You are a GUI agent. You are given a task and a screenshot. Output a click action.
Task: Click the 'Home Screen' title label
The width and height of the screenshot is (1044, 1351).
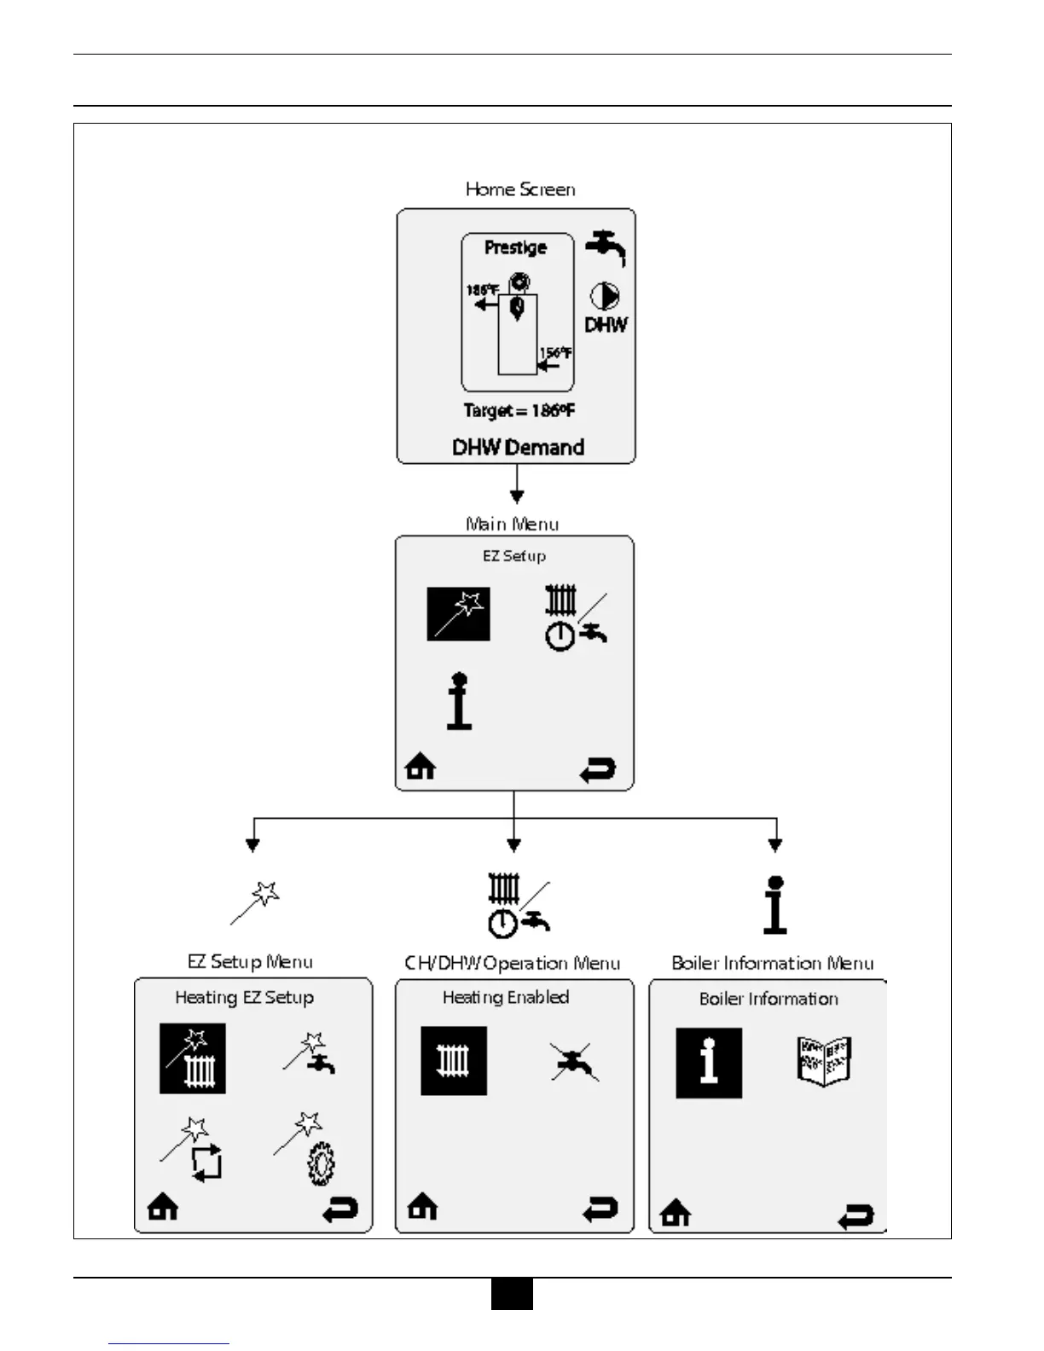coord(520,189)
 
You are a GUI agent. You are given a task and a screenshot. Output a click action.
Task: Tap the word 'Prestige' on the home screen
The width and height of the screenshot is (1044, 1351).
coord(515,247)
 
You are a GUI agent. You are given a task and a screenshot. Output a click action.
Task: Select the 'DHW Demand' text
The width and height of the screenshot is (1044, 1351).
coord(518,447)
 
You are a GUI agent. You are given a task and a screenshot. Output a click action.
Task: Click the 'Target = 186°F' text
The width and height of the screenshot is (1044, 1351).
coord(519,410)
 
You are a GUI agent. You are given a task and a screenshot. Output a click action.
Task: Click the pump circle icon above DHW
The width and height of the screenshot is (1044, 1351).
coord(605,296)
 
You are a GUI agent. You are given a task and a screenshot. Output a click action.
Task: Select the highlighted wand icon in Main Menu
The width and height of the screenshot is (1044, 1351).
coord(459,614)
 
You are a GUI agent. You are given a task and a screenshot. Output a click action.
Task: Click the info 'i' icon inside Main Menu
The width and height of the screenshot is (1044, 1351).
coord(459,702)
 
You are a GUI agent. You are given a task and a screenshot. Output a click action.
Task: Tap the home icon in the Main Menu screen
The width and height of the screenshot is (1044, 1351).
coord(420,767)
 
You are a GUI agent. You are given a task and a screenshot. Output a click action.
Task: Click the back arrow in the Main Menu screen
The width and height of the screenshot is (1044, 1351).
coord(597,770)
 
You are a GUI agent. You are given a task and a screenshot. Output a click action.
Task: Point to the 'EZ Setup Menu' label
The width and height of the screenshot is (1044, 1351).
coord(250,962)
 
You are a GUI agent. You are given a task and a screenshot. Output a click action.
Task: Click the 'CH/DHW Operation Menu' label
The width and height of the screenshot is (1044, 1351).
coord(512,963)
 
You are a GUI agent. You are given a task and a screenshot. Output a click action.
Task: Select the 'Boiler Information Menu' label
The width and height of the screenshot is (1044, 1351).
coord(773,963)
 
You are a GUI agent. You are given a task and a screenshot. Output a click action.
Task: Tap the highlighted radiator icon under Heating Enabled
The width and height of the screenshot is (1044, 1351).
coord(454,1061)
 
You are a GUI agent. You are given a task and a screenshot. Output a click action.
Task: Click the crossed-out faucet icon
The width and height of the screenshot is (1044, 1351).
coord(574,1062)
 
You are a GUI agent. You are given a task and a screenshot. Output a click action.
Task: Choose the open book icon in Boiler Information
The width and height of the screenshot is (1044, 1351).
coord(823,1060)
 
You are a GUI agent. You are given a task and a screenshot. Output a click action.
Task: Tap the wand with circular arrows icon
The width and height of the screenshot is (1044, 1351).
coord(194,1151)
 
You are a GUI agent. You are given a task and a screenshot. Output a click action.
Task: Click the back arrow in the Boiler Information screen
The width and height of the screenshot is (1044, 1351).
coord(855,1216)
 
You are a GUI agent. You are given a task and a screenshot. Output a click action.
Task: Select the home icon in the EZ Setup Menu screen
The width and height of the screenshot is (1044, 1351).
coord(163,1207)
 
